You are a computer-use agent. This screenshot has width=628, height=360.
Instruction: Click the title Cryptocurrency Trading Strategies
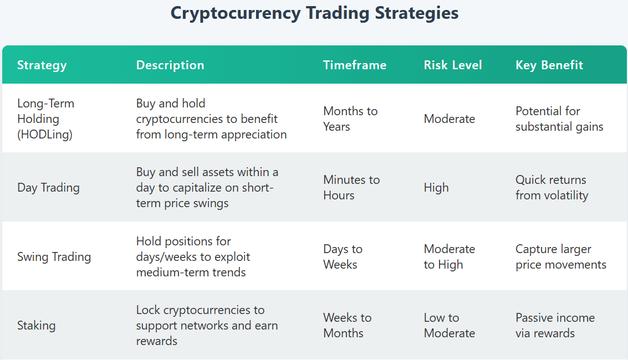(x=314, y=14)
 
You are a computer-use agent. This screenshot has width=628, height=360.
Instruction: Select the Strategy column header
(x=42, y=65)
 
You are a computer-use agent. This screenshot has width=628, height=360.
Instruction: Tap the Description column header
(x=170, y=65)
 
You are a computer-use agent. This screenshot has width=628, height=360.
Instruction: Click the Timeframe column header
(x=355, y=65)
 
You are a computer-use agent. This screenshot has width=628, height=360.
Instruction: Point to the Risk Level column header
(x=453, y=65)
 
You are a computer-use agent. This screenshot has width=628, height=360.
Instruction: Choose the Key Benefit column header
(x=549, y=65)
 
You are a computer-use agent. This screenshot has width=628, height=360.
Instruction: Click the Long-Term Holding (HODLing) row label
(x=45, y=119)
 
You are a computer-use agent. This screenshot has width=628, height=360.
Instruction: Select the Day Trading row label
(x=48, y=188)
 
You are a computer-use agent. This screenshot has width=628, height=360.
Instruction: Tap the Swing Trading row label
(x=54, y=257)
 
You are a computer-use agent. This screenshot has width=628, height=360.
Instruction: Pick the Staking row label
(x=37, y=326)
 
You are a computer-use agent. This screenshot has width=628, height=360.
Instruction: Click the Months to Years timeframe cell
(x=350, y=119)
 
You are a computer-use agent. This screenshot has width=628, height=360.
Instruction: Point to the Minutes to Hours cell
(x=351, y=188)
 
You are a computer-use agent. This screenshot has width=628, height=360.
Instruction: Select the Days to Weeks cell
(x=343, y=257)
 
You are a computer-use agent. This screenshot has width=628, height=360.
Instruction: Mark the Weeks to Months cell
(x=347, y=326)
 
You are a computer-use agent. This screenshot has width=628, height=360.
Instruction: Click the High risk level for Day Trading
(x=436, y=188)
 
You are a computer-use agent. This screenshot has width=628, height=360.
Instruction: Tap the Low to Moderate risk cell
(x=450, y=326)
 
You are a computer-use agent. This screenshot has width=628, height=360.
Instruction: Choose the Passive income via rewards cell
(x=555, y=326)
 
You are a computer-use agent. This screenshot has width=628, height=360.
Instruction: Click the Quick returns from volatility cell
(x=552, y=188)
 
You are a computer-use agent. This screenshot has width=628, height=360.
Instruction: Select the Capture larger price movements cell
(x=561, y=257)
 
